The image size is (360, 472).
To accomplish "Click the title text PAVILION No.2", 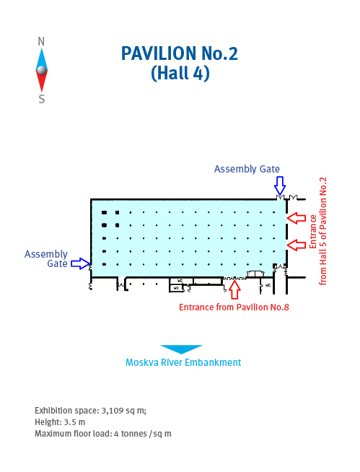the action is pos(180,53).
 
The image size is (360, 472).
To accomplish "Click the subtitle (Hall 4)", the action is pos(180,73).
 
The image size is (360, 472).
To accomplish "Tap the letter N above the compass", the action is pos(41,42).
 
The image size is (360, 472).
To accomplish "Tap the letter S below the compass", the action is pos(42,99).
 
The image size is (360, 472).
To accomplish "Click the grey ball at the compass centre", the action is pos(42,70).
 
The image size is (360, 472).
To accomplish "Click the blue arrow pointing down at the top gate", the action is pos(280,186).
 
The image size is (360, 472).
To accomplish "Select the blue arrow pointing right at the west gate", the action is pos(80,263).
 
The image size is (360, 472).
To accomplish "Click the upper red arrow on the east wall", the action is pos(297,218).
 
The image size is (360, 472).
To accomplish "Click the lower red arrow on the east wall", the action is pos(297,245).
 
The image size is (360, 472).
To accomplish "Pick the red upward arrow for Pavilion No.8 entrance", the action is pos(234,289).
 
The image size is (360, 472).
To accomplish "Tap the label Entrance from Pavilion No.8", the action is pos(234,307).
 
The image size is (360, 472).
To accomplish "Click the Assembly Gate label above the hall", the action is pos(247,169).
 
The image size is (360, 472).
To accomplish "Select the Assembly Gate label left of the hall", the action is pos(46,259).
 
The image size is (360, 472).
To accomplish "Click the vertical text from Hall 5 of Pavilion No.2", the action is pos(322,231).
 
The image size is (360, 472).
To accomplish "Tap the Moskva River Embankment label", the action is pos(183,362).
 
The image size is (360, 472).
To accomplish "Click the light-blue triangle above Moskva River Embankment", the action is pos(181,349).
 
